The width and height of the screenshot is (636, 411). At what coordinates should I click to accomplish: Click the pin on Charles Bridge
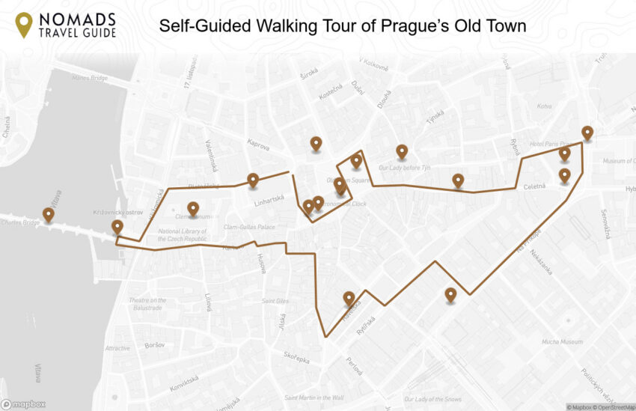pyautogui.click(x=49, y=215)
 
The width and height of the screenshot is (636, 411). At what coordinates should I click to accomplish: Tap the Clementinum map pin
pyautogui.click(x=193, y=209)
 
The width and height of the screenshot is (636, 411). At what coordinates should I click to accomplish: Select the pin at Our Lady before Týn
pyautogui.click(x=402, y=151)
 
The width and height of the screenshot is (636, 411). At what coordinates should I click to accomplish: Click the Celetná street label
pyautogui.click(x=534, y=186)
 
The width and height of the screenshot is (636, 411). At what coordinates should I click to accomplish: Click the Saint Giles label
pyautogui.click(x=275, y=301)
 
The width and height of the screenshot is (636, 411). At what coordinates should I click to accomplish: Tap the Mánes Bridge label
pyautogui.click(x=91, y=77)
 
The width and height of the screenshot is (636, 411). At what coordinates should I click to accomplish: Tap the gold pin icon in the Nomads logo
pyautogui.click(x=25, y=25)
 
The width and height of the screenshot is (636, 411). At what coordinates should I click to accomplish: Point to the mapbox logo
pyautogui.click(x=23, y=404)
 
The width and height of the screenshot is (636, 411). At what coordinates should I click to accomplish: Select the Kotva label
pyautogui.click(x=544, y=106)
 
